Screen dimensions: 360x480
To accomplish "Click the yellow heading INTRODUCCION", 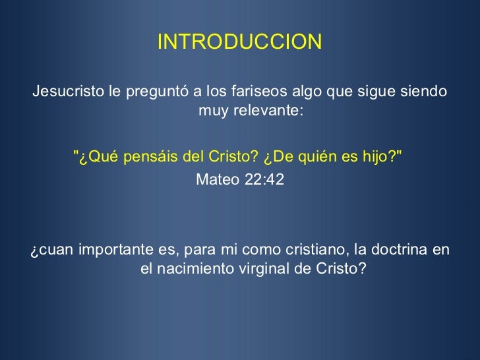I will [239, 43].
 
